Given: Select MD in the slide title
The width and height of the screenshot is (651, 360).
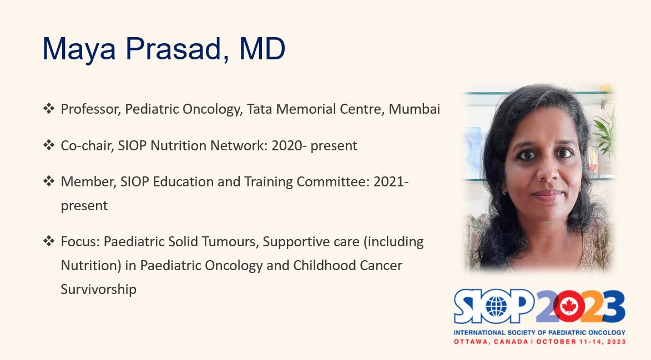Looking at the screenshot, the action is click(262, 48).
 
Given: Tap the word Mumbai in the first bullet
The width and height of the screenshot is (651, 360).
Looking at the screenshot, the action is click(415, 109).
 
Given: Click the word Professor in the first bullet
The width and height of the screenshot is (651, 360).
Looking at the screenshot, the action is click(91, 109).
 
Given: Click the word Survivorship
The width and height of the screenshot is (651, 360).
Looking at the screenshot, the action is click(98, 289).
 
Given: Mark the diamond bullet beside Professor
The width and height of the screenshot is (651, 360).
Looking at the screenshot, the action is click(49, 109).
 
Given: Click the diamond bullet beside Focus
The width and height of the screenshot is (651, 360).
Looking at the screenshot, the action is click(49, 241).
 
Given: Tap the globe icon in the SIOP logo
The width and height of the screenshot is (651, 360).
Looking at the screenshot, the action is click(496, 307).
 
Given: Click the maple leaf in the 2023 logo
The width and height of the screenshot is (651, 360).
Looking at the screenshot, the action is click(569, 306).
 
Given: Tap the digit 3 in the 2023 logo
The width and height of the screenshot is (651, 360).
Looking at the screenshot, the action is click(612, 307).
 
